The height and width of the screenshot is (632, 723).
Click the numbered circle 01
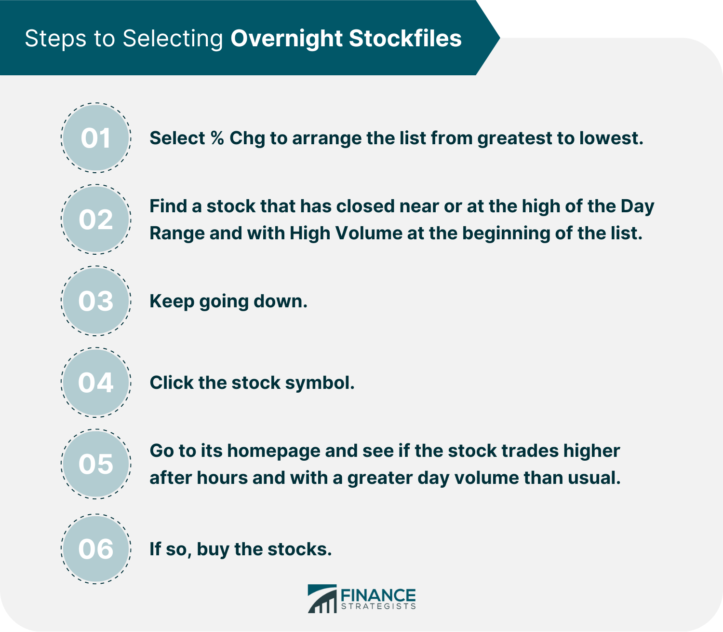[96, 138]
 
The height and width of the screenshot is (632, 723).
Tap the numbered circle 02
[96, 220]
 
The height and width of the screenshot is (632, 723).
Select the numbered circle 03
[96, 301]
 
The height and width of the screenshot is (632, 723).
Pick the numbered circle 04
[96, 382]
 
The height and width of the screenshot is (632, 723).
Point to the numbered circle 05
[96, 464]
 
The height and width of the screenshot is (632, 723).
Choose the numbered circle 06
[96, 549]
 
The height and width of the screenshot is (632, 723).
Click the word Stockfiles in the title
[405, 38]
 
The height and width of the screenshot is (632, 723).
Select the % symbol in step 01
[217, 137]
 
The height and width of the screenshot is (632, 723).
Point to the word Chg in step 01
[247, 138]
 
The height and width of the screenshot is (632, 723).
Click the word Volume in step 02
[369, 233]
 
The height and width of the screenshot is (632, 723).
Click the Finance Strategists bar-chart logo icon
[322, 599]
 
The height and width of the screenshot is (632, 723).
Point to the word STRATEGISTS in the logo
[378, 606]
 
